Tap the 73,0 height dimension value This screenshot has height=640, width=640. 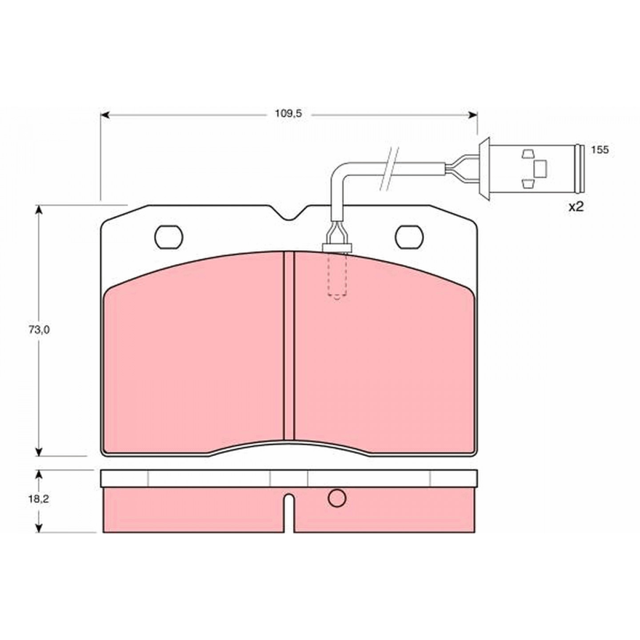(x=39, y=329)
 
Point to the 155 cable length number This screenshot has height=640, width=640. (x=600, y=150)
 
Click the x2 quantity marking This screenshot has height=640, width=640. (x=576, y=207)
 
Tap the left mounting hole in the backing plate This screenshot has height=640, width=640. (x=169, y=237)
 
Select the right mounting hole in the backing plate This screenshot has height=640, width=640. (x=409, y=237)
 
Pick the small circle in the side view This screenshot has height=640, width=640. (x=337, y=507)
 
